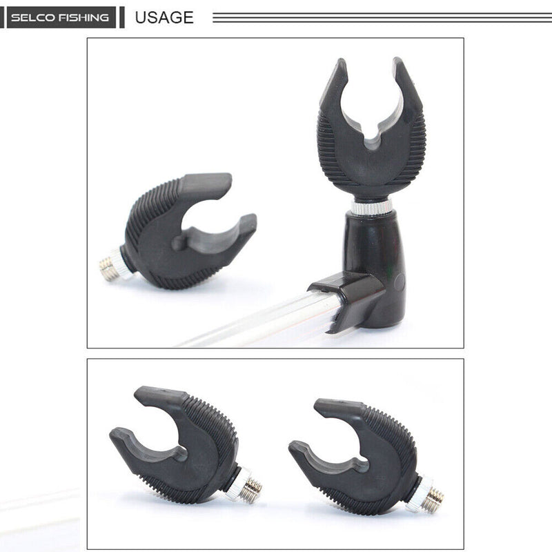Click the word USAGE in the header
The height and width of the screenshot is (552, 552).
(164, 17)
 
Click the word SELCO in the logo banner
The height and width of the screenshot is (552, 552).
(32, 17)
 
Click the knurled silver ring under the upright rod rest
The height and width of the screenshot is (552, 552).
(371, 206)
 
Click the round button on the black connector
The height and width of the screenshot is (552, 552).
(400, 282)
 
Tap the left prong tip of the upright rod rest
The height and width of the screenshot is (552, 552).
(341, 61)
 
